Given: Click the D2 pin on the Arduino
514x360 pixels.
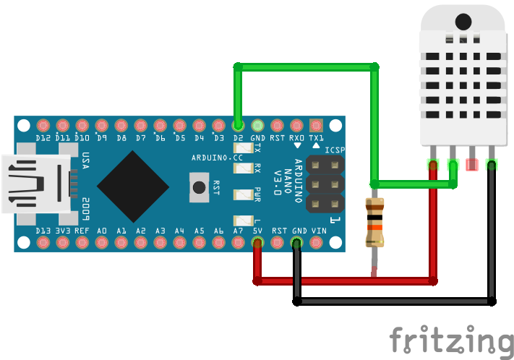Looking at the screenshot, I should coord(238,125).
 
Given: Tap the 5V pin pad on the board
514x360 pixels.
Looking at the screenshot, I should coord(257,242).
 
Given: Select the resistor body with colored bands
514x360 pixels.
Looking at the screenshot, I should coord(374,221).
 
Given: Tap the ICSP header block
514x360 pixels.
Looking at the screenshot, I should coord(324,186).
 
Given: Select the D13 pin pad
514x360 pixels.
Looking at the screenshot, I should coord(43,242).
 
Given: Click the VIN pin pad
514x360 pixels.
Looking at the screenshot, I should coord(316,242).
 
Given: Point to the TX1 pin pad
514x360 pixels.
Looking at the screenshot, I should coord(316,125).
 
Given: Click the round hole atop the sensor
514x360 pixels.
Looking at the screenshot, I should coord(463,22).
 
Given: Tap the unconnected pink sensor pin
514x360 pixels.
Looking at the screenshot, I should coord(472,164).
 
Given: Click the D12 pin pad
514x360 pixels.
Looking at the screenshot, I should coord(43,125).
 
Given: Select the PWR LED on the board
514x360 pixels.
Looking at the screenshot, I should coord(241,194).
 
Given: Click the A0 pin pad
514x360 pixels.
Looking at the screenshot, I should coord(101,242).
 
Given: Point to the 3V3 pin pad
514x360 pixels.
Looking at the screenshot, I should coord(62,242).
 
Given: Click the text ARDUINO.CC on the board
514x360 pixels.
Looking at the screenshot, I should coord(212,158).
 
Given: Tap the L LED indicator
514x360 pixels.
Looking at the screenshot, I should coord(241,220).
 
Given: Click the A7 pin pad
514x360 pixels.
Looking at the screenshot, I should coord(238,242).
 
